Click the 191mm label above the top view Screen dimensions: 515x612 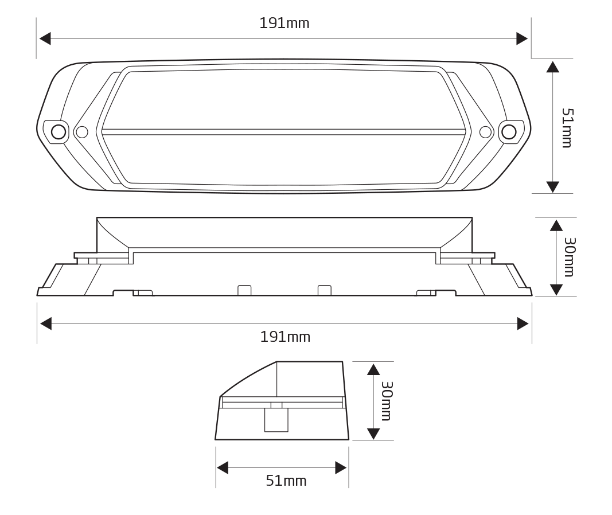pos(284,24)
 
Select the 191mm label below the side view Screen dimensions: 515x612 pos(285,337)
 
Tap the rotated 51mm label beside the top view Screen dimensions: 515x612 pos(567,128)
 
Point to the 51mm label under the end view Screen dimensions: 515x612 pos(286,481)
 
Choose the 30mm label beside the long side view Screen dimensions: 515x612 pos(568,257)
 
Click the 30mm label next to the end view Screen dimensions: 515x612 pos(386,401)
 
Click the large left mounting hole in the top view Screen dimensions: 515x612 pos(59,132)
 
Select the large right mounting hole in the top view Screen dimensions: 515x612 pos(509,132)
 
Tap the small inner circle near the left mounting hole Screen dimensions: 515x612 pos(82,132)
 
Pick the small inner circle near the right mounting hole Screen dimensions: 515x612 pos(485,132)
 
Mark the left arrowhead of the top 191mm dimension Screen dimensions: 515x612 pos(45,38)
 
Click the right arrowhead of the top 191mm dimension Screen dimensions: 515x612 pos(522,38)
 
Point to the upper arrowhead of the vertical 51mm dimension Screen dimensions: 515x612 pos(552,67)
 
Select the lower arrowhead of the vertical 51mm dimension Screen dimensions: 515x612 pos(552,187)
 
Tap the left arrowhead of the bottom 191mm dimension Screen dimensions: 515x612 pos(45,323)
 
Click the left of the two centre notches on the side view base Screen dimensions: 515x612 pos(244,290)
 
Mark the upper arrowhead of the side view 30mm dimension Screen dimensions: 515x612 pos(556,225)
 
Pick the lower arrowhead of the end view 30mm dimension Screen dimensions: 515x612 pos(373,434)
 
